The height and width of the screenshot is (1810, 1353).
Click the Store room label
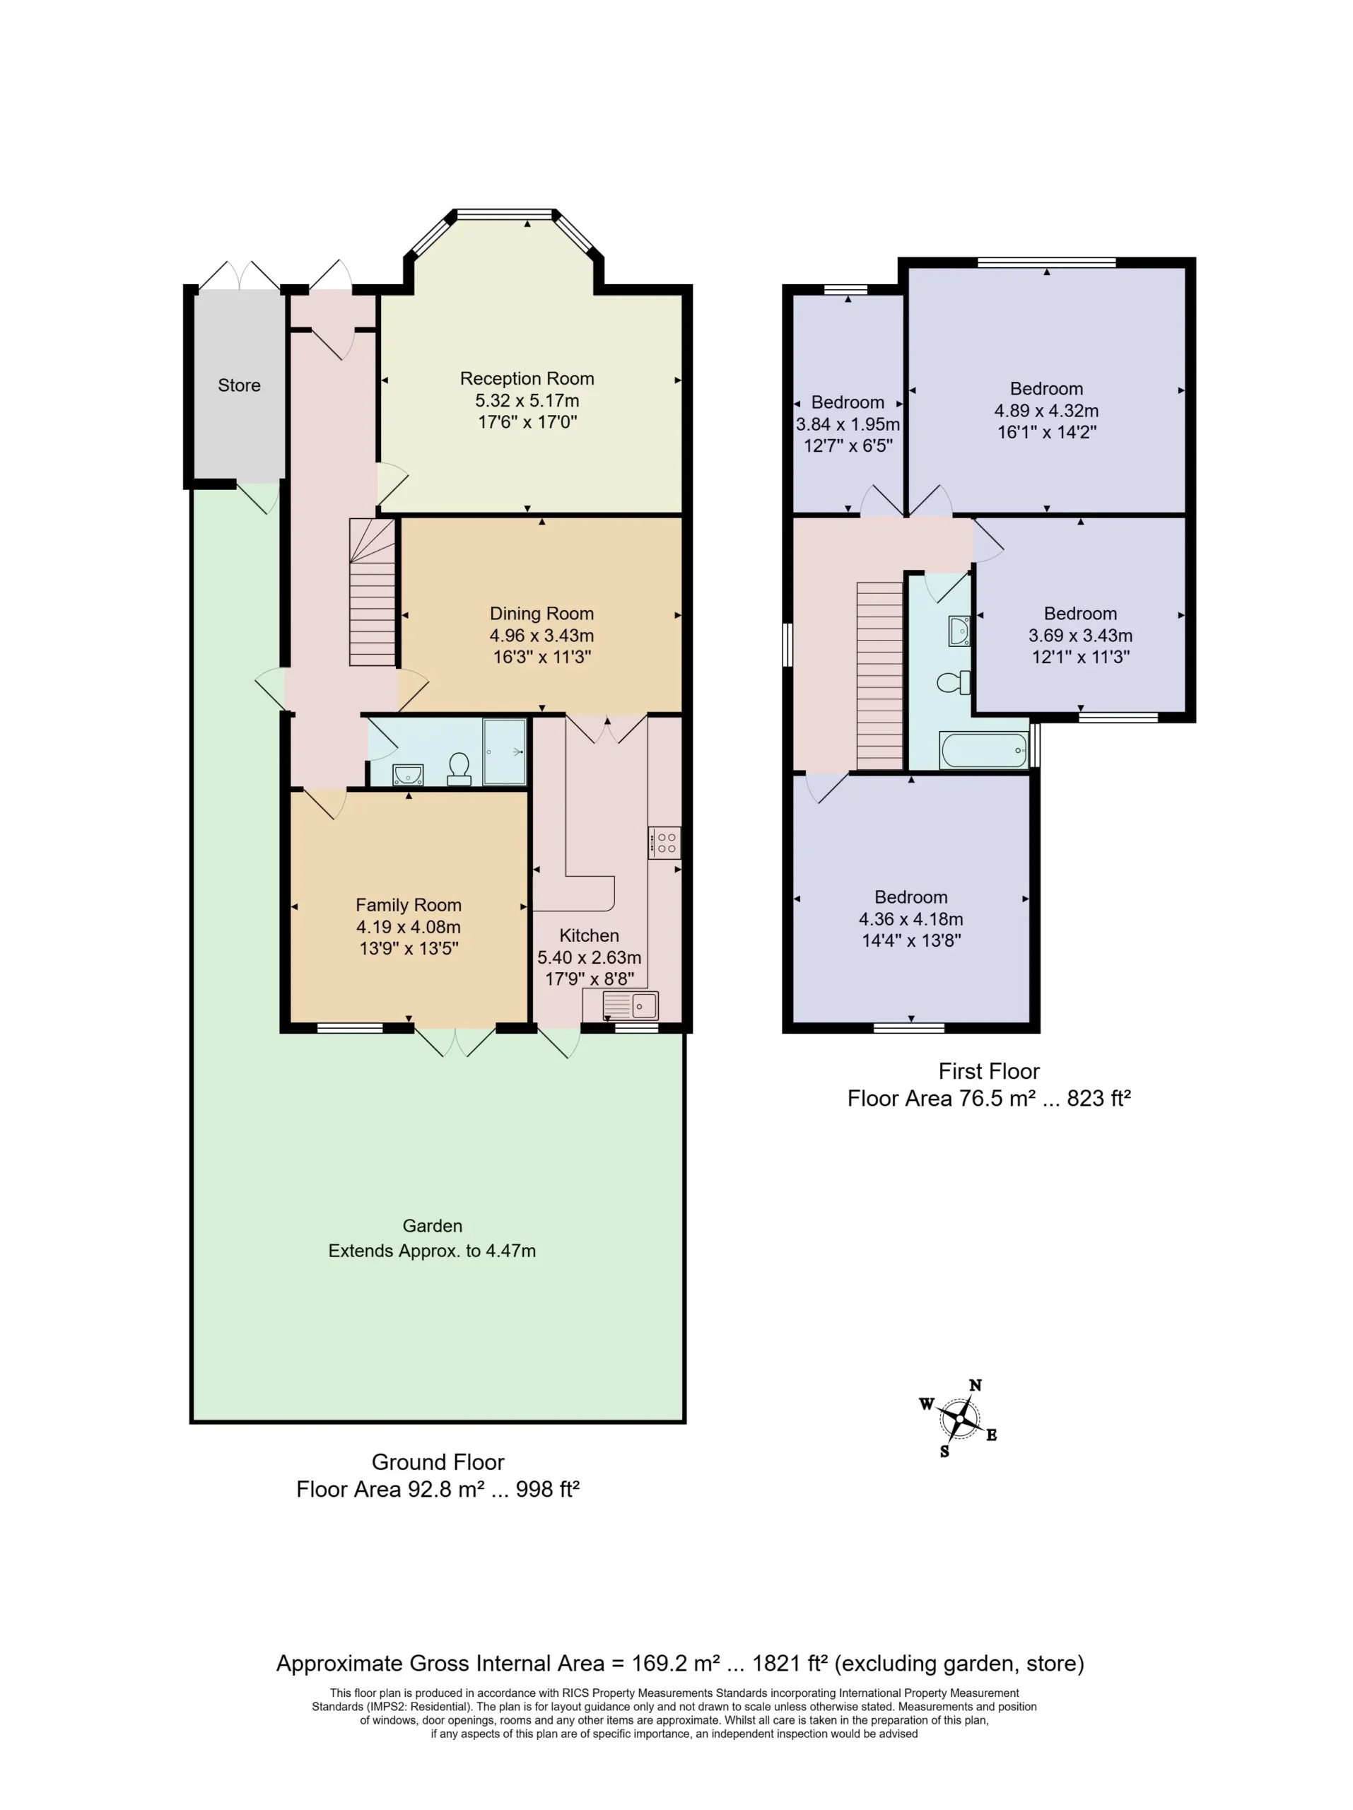(x=239, y=385)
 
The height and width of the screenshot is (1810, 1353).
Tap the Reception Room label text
(x=527, y=379)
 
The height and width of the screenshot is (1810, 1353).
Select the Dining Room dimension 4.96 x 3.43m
(x=541, y=635)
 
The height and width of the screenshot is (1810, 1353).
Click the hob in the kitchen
(x=664, y=843)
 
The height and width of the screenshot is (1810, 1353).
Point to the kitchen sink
(x=630, y=1005)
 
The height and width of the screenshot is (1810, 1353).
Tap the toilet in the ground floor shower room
(x=459, y=769)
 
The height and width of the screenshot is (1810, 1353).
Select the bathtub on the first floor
(x=983, y=750)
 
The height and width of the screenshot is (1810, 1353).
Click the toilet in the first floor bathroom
(x=954, y=682)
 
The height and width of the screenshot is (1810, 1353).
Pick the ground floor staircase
(x=373, y=592)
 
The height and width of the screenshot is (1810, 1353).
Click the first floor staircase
(x=879, y=676)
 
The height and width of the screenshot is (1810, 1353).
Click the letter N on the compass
(x=975, y=1385)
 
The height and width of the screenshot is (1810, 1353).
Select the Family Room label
(x=408, y=905)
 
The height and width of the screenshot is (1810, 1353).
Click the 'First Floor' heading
(x=989, y=1071)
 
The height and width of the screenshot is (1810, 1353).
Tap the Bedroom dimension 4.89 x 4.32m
(x=1046, y=411)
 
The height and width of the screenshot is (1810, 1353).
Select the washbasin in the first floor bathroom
(x=959, y=631)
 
